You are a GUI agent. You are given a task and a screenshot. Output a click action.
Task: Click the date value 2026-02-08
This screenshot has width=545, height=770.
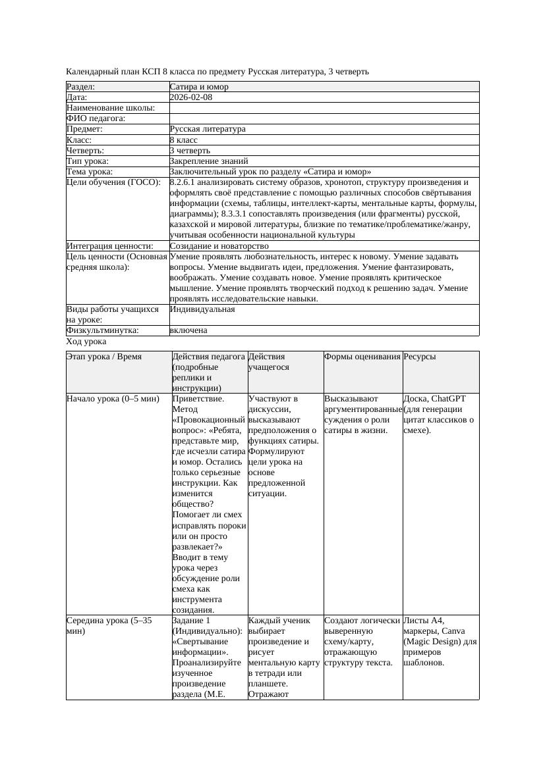point(191,97)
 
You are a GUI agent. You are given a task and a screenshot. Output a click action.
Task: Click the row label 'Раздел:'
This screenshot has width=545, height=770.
point(81,87)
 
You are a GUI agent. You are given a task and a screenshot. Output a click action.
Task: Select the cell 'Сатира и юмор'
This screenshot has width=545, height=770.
point(199,87)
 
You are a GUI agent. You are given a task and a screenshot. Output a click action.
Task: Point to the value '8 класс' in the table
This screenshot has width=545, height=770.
point(184,140)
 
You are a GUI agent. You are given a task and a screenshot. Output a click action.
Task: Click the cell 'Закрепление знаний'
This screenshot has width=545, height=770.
point(209,161)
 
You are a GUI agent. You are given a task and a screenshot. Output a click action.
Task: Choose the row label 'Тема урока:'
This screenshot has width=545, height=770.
point(90,172)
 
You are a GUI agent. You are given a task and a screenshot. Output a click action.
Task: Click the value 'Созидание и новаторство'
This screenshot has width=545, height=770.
point(219,246)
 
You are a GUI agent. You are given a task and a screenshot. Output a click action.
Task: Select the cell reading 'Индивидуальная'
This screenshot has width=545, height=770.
point(202,309)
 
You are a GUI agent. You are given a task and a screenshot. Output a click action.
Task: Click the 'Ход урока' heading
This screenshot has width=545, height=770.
point(86,342)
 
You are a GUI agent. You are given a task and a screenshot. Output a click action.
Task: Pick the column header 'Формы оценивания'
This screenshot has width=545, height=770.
point(362,357)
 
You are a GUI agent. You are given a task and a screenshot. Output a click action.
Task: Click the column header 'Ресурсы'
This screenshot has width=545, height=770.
point(420,357)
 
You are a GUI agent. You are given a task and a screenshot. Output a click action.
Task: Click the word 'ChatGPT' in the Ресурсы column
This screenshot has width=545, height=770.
point(448,399)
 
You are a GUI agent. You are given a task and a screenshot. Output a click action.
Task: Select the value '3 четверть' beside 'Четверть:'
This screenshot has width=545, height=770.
point(190,151)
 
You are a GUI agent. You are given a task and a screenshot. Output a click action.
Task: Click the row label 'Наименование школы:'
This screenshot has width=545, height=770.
point(111,108)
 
